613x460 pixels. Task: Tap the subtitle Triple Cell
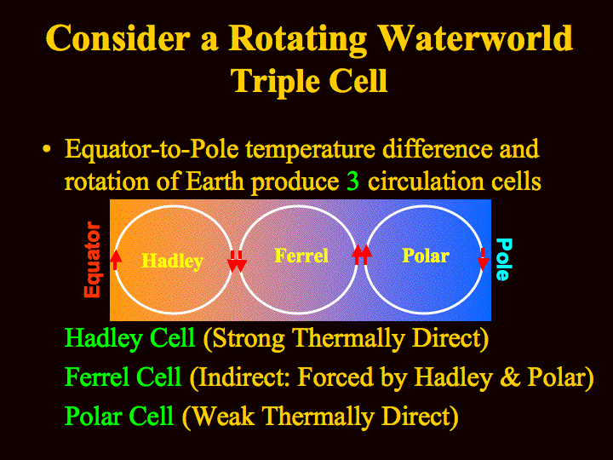point(309,81)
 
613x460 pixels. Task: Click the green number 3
point(352,181)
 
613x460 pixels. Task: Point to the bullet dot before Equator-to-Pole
point(47,149)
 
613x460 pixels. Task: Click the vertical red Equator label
point(93,259)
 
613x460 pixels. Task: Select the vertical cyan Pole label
point(503,259)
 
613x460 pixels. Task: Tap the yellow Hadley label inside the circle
point(172,261)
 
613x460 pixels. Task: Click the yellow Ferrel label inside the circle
point(301,256)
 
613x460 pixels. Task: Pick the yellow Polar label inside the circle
point(426,256)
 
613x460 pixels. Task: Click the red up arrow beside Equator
point(115,260)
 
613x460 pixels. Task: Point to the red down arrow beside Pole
point(484,259)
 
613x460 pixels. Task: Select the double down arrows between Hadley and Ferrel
point(237,261)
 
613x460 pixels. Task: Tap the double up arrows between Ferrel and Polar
point(362,255)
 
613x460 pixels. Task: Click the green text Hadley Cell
point(129,337)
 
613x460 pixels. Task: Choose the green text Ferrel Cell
point(123,377)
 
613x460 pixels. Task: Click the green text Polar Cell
point(119,416)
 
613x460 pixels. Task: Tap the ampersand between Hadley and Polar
point(509,377)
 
